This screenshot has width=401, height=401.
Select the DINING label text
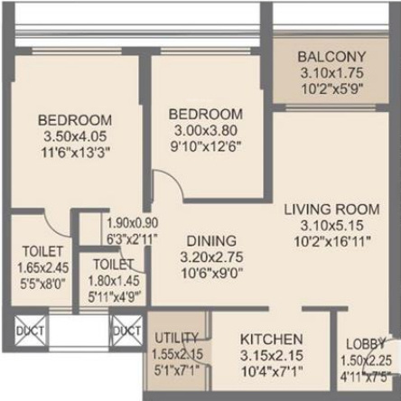[211, 240]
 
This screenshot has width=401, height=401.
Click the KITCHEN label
[266, 339]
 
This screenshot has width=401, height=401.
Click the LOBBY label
[368, 344]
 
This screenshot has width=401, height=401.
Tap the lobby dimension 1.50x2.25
[368, 359]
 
